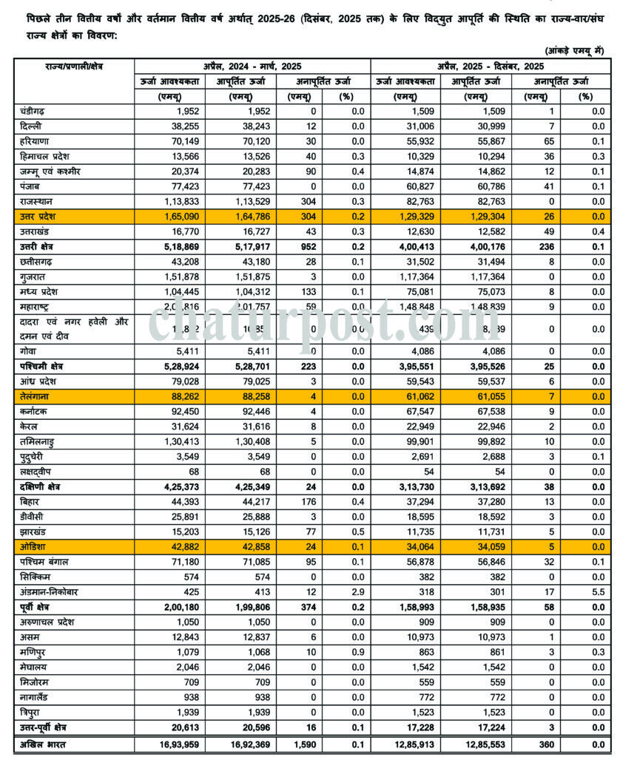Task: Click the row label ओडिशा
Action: pyautogui.click(x=33, y=547)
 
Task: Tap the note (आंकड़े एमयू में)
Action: pyautogui.click(x=576, y=50)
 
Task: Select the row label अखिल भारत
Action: pyautogui.click(x=41, y=744)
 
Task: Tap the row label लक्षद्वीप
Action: pyautogui.click(x=36, y=472)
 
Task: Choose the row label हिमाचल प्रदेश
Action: pyautogui.click(x=48, y=156)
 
